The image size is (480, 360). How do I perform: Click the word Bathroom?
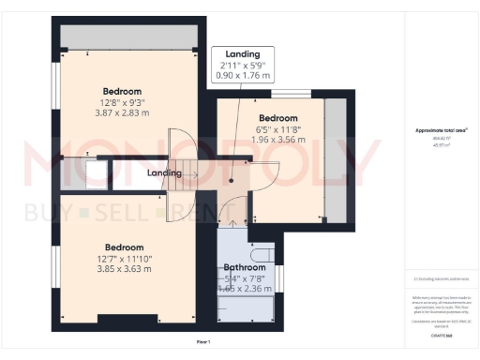click(245, 265)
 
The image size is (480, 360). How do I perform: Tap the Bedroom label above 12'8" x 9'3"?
click(124, 91)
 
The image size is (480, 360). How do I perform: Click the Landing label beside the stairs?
click(164, 173)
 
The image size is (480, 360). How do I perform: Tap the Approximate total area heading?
click(441, 130)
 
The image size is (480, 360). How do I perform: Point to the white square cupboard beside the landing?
click(94, 172)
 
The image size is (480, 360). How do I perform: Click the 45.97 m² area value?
click(441, 145)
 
